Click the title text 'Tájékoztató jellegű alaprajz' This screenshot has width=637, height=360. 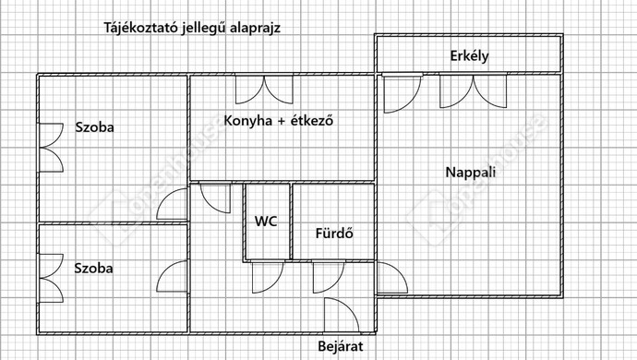pyautogui.click(x=191, y=27)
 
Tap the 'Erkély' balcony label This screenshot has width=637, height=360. pyautogui.click(x=469, y=55)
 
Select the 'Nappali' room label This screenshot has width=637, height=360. pyautogui.click(x=469, y=172)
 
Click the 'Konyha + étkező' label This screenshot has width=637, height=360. pyautogui.click(x=278, y=120)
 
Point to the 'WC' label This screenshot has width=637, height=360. pyautogui.click(x=267, y=222)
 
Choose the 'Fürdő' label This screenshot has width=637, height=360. pyautogui.click(x=333, y=234)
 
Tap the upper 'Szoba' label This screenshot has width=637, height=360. pyautogui.click(x=95, y=127)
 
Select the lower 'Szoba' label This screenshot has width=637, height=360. pyautogui.click(x=95, y=268)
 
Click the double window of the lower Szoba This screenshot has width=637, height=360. pyautogui.click(x=49, y=278)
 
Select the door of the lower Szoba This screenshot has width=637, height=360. pyautogui.click(x=174, y=278)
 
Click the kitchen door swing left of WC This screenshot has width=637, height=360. pyautogui.click(x=215, y=197)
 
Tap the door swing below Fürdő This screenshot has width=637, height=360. pyautogui.click(x=326, y=276)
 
